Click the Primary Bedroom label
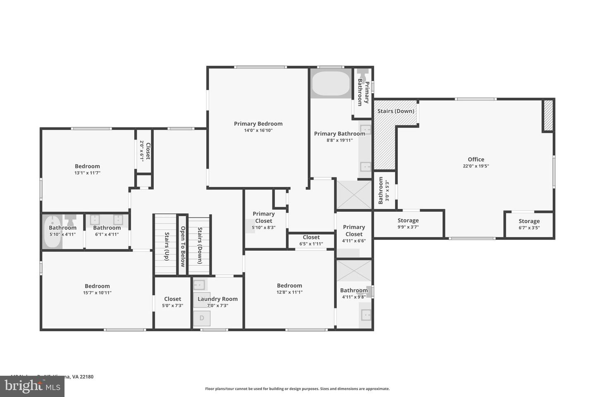tap(258, 124)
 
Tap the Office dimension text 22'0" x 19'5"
tap(476, 166)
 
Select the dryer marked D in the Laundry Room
tap(202, 318)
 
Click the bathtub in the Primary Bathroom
tap(331, 84)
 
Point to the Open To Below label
tap(183, 246)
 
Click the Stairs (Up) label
tap(167, 246)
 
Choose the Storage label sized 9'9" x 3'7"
tap(408, 220)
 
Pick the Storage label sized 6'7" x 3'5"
tap(529, 221)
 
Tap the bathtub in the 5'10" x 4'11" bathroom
tap(52, 232)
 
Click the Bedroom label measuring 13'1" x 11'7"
tap(87, 166)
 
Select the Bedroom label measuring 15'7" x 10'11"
tap(97, 286)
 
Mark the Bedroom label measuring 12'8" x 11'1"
tap(289, 285)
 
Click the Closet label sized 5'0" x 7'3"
tap(172, 299)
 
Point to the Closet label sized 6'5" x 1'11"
tap(311, 237)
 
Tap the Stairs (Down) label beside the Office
tap(396, 111)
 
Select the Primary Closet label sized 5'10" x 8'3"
tap(264, 217)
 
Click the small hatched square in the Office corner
tap(548, 115)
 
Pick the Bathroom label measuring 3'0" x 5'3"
tap(381, 191)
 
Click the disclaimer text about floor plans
tap(297, 389)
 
